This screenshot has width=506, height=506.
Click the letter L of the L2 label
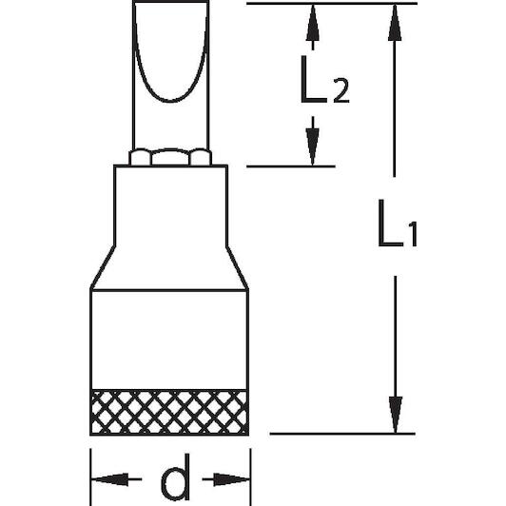[311, 80]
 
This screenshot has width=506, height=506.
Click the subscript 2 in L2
[341, 91]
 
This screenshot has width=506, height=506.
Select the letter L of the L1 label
[390, 224]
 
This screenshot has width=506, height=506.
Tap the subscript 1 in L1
[413, 234]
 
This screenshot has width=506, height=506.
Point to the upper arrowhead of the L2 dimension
[312, 23]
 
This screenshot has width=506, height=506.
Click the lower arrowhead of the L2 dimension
[312, 146]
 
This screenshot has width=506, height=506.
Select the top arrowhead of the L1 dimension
[395, 23]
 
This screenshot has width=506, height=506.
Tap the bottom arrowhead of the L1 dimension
[396, 415]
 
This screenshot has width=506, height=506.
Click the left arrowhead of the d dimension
[110, 479]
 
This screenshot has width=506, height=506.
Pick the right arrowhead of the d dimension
[231, 479]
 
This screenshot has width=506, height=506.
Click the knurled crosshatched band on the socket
[169, 412]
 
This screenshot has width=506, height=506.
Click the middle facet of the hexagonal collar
[170, 158]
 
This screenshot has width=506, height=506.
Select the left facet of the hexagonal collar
[140, 158]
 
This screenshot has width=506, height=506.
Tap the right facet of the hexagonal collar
[201, 158]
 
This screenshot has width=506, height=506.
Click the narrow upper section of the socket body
[170, 206]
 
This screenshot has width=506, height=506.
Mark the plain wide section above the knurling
[169, 340]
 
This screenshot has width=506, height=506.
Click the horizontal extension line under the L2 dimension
[291, 166]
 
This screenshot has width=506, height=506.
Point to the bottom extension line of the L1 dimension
[342, 434]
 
